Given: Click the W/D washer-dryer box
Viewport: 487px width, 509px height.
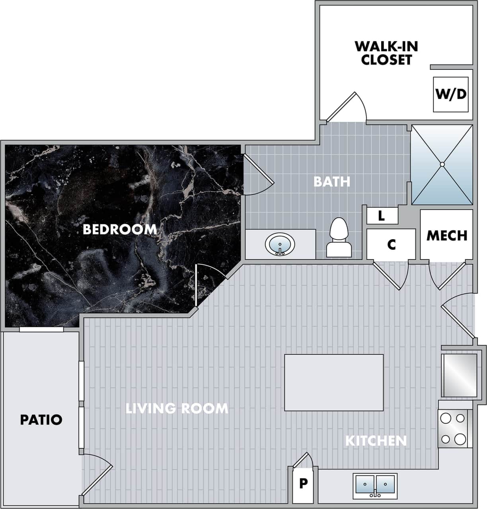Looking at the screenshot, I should pos(450,94).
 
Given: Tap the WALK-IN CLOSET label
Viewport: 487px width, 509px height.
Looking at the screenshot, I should pos(386,53).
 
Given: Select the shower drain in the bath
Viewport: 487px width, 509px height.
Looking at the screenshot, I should pos(442,164).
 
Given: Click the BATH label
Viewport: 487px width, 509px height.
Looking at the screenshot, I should pos(331,181).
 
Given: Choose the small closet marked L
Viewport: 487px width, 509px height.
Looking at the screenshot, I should pos(382,216).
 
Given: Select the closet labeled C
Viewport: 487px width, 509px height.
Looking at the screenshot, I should pos(391,244).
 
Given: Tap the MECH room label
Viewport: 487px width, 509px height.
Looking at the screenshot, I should pos(446,235).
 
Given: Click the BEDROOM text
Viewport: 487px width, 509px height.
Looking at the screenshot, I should pos(119,230).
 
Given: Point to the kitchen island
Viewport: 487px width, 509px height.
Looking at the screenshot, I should pos(334,383).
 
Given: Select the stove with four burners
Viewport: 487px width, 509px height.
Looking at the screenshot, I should pos(453,428).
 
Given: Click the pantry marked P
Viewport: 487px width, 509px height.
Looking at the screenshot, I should pos(303,483).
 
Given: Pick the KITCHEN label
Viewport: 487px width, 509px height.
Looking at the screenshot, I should pos(376,440).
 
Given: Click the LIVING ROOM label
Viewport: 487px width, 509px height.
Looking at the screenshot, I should pos(177,409).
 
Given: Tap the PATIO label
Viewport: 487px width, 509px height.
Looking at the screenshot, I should pos(41,420).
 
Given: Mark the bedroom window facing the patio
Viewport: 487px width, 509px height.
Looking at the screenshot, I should pos(41,329).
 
